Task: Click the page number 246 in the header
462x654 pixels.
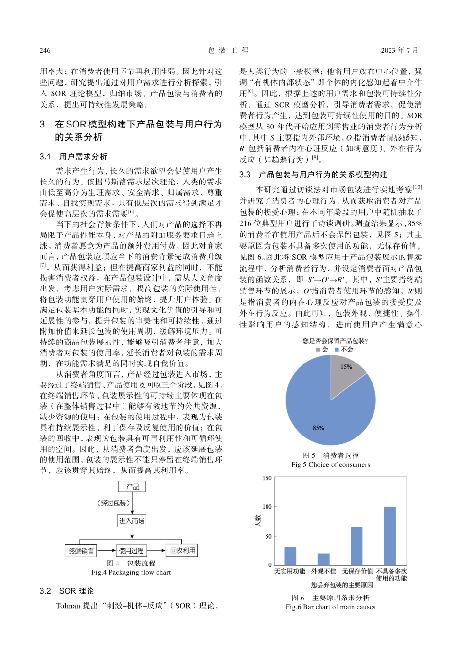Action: (45, 50)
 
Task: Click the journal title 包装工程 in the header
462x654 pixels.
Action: (228, 50)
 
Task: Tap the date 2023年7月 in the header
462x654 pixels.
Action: (399, 50)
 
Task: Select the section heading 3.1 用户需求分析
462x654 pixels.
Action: (73, 157)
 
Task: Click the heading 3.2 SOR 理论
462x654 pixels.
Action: (67, 591)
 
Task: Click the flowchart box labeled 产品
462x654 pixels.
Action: (132, 487)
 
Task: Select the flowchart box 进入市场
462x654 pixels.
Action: (132, 521)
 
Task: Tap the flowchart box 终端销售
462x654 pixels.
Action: (81, 551)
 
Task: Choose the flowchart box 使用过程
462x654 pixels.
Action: (131, 551)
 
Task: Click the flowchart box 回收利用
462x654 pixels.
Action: (182, 550)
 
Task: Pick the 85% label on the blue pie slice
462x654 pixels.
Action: (319, 428)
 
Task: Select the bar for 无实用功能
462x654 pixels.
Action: (290, 556)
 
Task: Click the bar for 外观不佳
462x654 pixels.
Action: (323, 559)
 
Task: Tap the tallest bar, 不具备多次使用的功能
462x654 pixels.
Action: (390, 535)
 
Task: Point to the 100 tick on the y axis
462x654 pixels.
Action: (267, 507)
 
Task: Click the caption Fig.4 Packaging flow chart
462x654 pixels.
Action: (131, 572)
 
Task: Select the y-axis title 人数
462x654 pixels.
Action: (258, 522)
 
